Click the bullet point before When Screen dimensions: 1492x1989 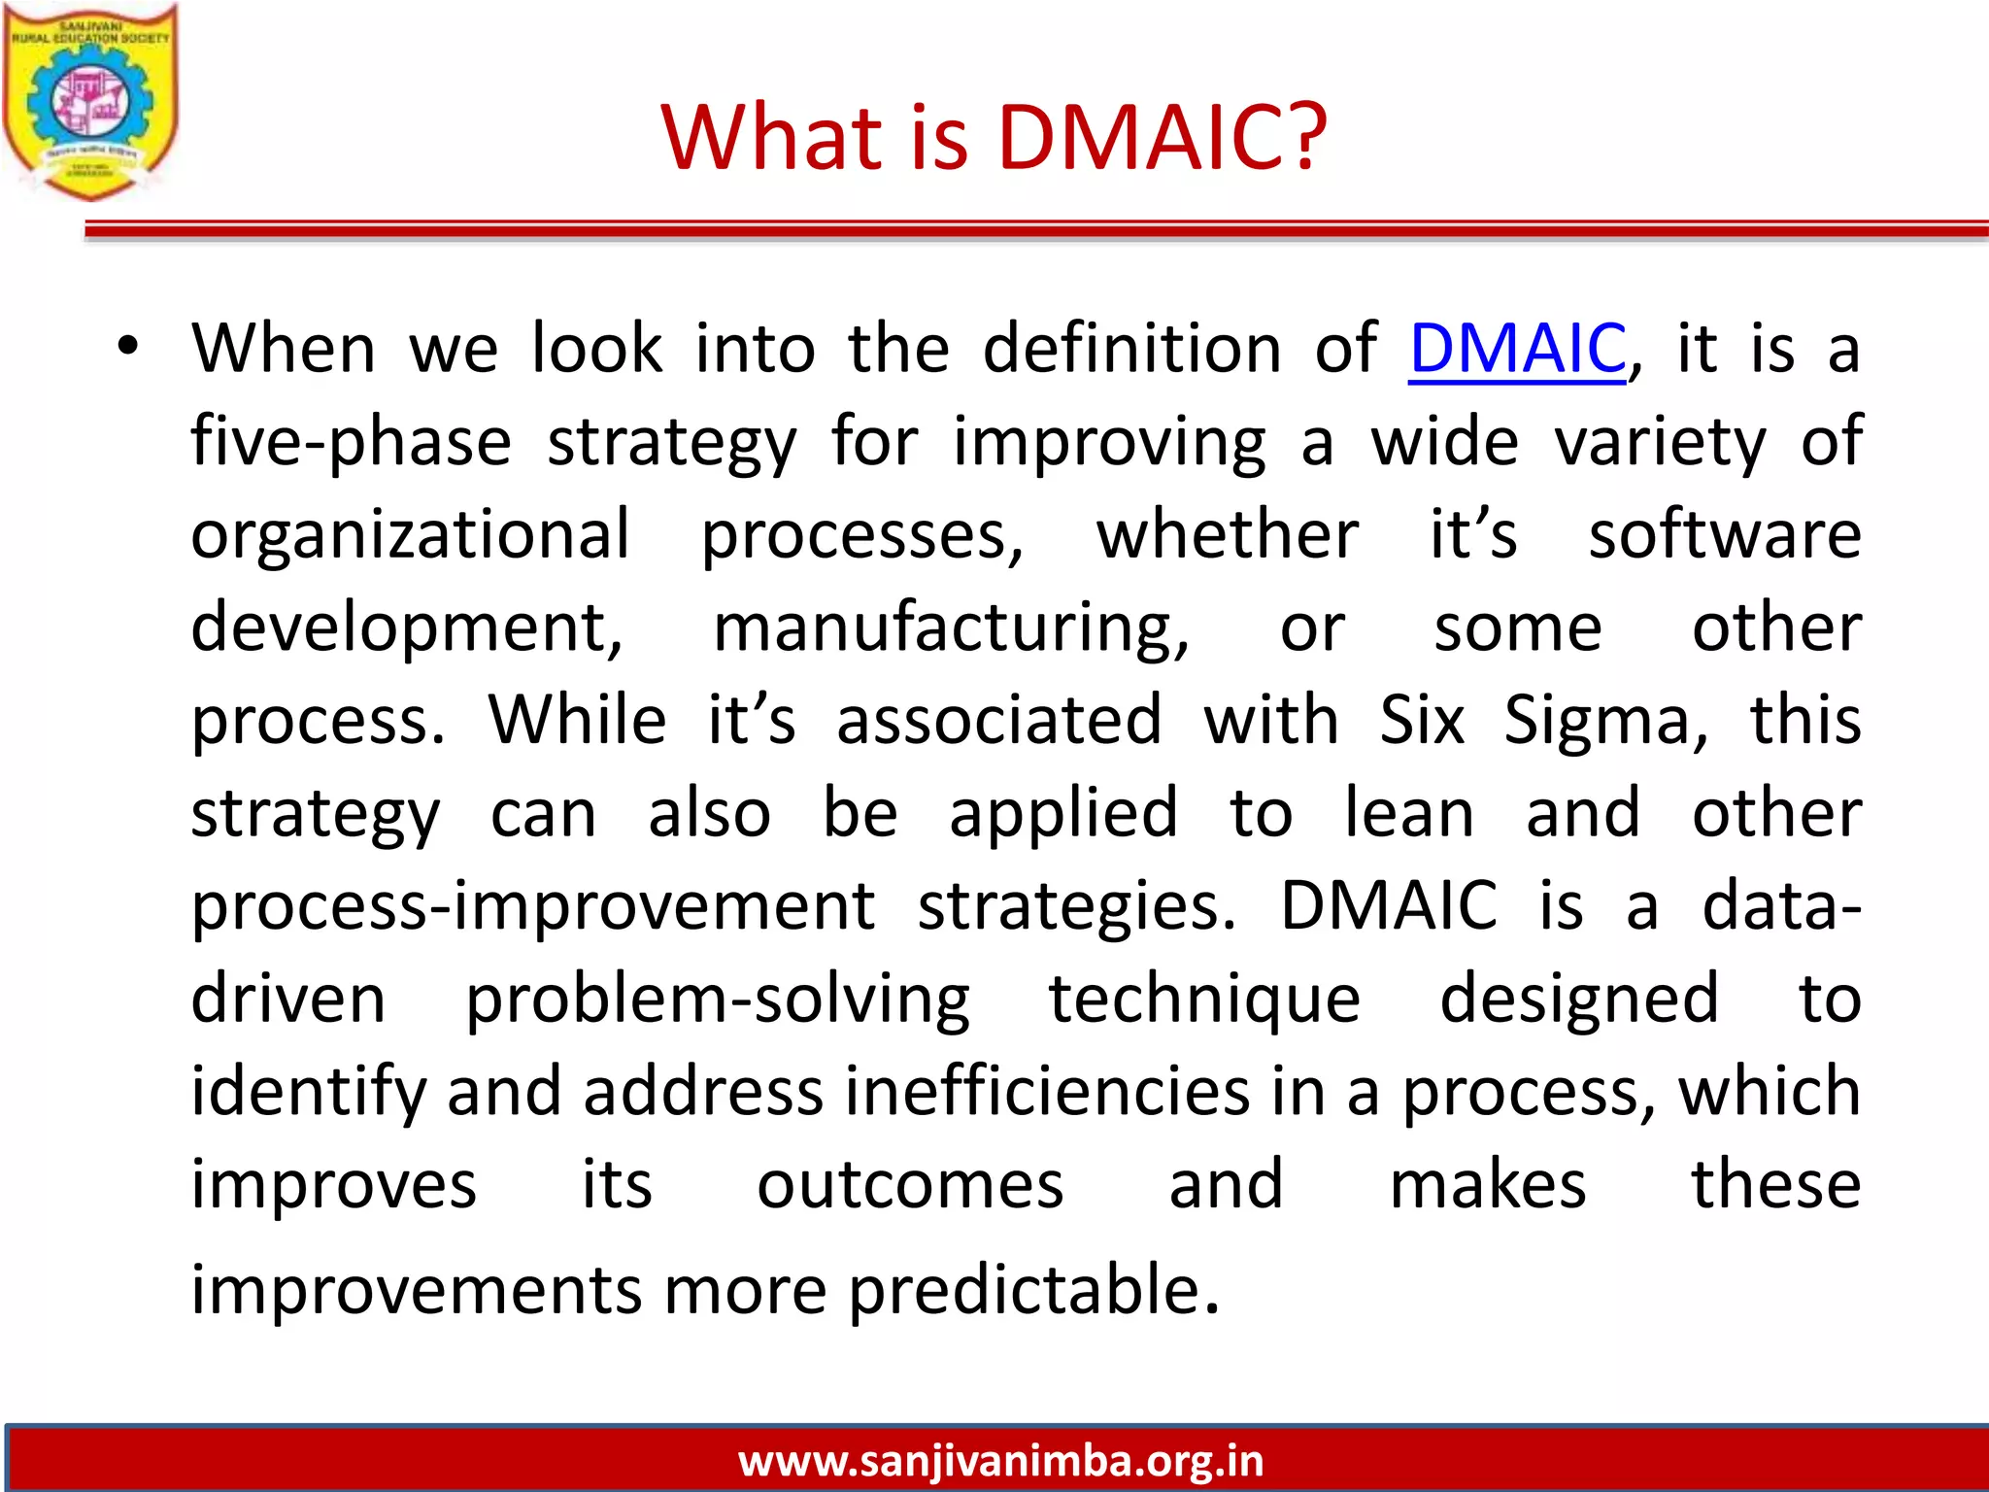click(x=128, y=347)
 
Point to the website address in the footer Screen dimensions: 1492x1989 click(x=1000, y=1460)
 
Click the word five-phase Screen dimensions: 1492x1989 click(x=351, y=442)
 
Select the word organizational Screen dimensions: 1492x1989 click(x=410, y=535)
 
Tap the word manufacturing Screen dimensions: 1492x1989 click(x=951, y=629)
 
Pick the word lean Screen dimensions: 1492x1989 click(x=1409, y=813)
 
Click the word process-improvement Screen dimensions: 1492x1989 click(x=533, y=906)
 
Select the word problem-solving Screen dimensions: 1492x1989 click(x=717, y=1000)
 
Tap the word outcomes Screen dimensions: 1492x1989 click(x=910, y=1185)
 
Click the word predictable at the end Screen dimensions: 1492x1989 click(x=1033, y=1291)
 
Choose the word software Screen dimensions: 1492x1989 click(x=1725, y=535)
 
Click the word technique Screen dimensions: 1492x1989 click(x=1204, y=1000)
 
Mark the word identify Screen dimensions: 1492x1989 click(x=308, y=1093)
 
